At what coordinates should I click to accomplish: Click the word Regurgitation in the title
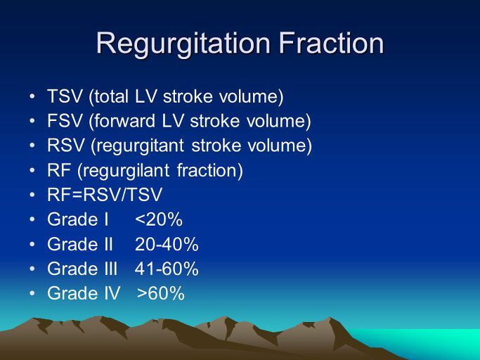coord(183,45)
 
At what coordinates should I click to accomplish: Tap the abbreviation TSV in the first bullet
coord(65,96)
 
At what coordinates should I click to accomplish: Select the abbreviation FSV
coord(65,121)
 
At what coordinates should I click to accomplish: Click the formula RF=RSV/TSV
coord(105,195)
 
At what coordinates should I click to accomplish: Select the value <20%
coord(159,219)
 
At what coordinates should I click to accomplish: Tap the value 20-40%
coord(167,244)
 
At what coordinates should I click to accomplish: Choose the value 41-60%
coord(167,269)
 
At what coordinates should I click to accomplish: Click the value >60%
coord(161,293)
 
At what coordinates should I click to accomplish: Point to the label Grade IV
coord(84,293)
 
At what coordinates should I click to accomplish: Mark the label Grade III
coord(82,269)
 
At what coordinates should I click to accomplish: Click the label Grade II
coord(80,244)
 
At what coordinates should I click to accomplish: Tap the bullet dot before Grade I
coord(32,219)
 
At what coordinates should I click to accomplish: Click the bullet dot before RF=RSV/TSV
coord(32,195)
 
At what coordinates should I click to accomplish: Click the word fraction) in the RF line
coord(210,171)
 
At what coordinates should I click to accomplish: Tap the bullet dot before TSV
coord(32,96)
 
